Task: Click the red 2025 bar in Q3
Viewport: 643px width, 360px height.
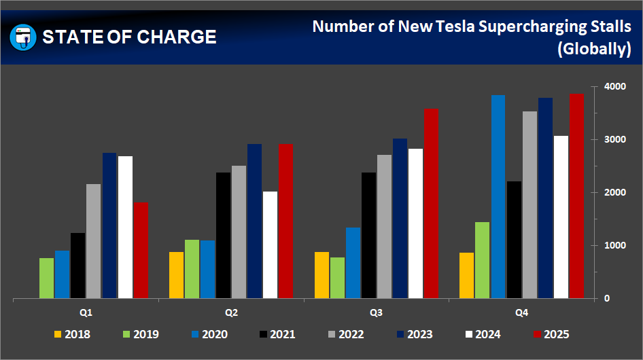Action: pyautogui.click(x=431, y=203)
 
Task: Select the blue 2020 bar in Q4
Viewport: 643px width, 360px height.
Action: pyautogui.click(x=498, y=196)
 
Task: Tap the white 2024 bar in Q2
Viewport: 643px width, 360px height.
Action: pyautogui.click(x=271, y=245)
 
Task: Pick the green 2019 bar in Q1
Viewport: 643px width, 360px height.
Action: pyautogui.click(x=46, y=278)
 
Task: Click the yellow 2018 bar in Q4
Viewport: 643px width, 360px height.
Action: pyautogui.click(x=466, y=275)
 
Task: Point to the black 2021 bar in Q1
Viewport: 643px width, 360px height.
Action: pyautogui.click(x=78, y=266)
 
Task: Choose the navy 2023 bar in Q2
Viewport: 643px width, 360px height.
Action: pyautogui.click(x=255, y=221)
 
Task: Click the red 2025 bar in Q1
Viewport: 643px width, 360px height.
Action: pyautogui.click(x=141, y=250)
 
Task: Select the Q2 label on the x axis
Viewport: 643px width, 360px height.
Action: pyautogui.click(x=231, y=313)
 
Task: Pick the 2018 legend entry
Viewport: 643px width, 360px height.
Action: pyautogui.click(x=71, y=334)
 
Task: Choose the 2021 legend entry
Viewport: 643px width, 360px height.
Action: pyautogui.click(x=276, y=334)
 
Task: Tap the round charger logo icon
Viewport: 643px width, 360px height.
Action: pyautogui.click(x=23, y=37)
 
